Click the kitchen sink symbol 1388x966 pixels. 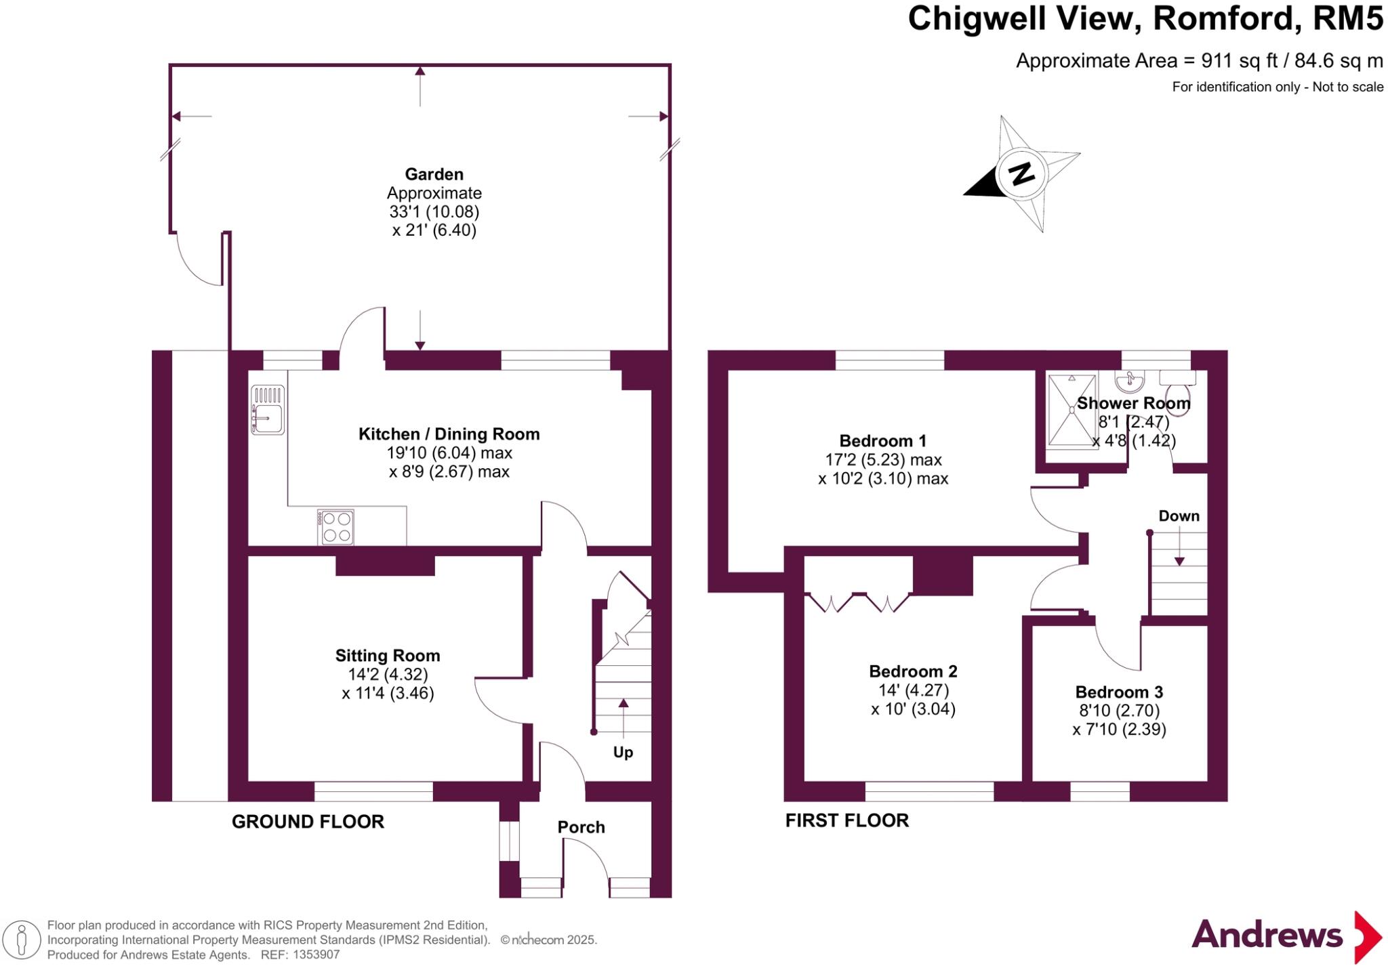(268, 410)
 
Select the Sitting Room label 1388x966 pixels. (387, 656)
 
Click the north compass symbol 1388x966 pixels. (1021, 174)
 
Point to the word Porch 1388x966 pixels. (581, 827)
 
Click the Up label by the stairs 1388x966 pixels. (623, 752)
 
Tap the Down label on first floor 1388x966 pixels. (1179, 516)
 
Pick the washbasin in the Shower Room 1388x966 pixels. (1129, 381)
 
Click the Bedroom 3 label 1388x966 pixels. (1119, 692)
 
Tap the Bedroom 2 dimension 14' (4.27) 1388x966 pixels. (913, 690)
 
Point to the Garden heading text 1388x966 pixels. (434, 174)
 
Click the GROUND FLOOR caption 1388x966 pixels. (308, 822)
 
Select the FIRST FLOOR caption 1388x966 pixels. (846, 820)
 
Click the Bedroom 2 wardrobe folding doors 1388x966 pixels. (858, 602)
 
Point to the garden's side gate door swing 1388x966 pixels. (197, 261)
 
